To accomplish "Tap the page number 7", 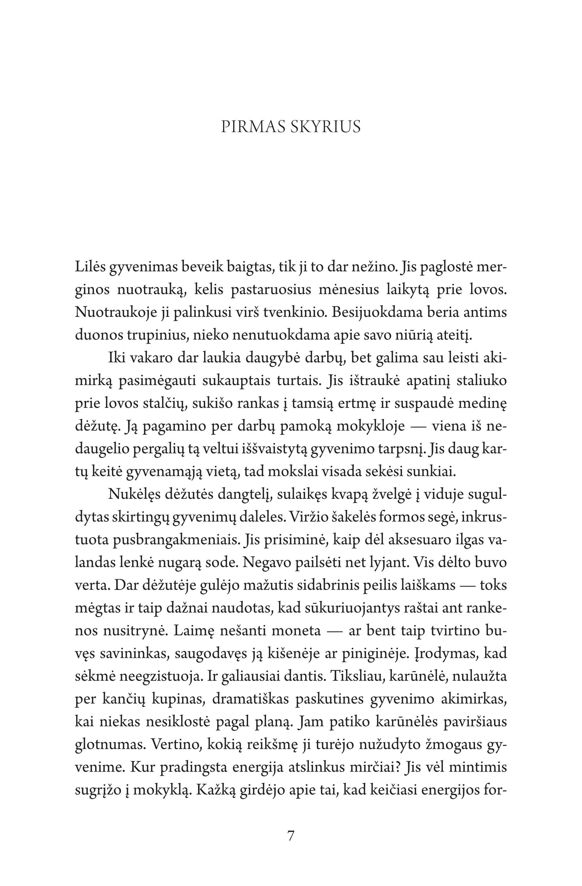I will tap(291, 836).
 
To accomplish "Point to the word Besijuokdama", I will tap(377, 312).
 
